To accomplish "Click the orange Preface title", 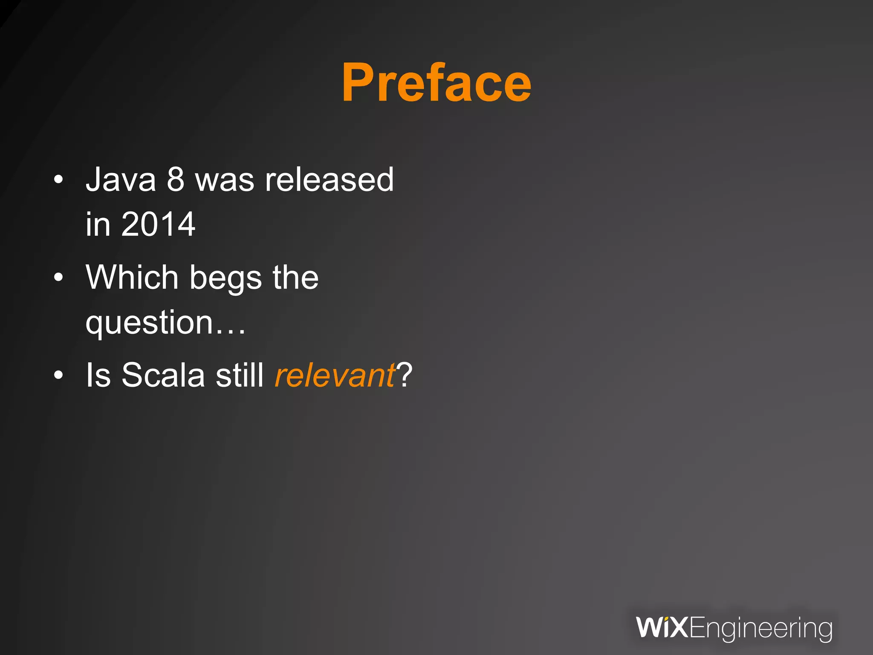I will click(436, 83).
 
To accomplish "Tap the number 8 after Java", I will click(175, 180).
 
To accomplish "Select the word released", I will click(329, 180).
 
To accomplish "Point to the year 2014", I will click(158, 224).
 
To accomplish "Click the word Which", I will click(132, 277).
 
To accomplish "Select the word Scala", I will click(163, 375).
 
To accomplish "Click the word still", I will click(240, 375).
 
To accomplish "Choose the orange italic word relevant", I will click(335, 375).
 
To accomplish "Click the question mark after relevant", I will click(404, 375).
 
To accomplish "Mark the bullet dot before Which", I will click(58, 278).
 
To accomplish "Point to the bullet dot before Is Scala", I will click(58, 375).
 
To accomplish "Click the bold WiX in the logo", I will click(662, 628).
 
